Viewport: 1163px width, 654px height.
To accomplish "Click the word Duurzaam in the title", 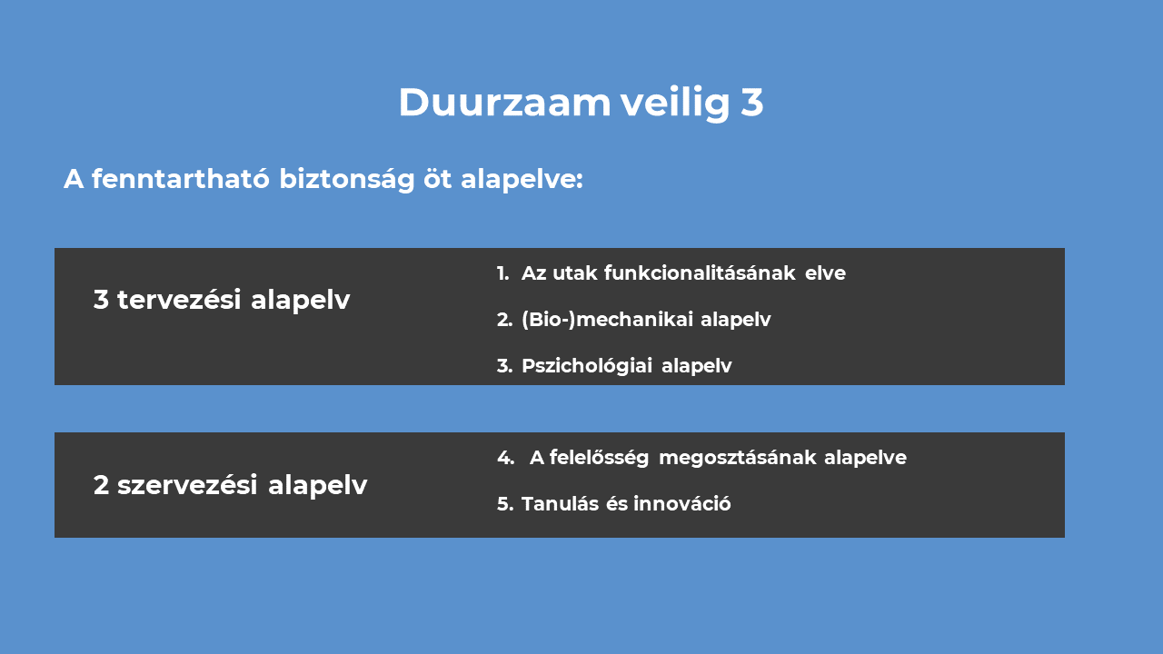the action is [x=504, y=103].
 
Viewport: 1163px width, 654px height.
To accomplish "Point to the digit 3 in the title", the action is [x=752, y=103].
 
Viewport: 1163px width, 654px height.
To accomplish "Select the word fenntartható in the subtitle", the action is [x=181, y=179].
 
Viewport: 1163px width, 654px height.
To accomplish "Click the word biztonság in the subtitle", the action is [x=347, y=180].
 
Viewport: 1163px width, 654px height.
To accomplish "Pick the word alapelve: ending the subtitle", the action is [x=522, y=180].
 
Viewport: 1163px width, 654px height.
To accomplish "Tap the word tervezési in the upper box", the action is [x=179, y=300].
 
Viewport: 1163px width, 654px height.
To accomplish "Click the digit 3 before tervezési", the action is [x=101, y=300].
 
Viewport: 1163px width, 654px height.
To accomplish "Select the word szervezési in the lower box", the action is [x=187, y=485].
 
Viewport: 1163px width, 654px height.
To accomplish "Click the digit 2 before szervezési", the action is [x=101, y=485].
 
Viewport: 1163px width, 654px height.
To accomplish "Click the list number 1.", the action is [x=502, y=273].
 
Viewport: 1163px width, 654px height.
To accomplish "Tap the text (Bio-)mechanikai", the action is [x=608, y=320].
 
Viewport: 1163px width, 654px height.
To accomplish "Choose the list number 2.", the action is [x=504, y=320].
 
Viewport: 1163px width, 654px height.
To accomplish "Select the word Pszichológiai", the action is [x=587, y=366].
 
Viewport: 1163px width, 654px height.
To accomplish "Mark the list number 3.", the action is [x=504, y=366].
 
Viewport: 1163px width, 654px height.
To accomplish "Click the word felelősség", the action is [x=599, y=458].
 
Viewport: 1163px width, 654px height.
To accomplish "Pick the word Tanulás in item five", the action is [x=560, y=504].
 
